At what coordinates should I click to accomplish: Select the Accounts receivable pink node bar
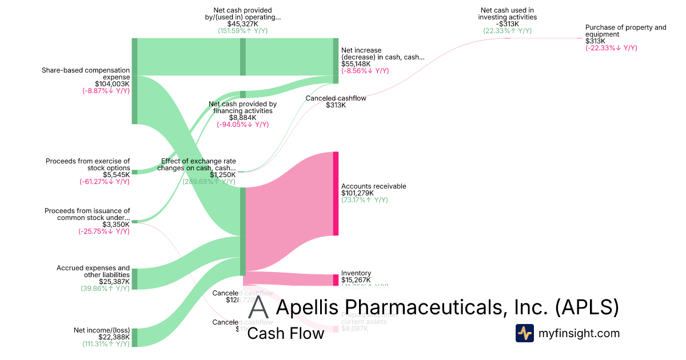point(336,193)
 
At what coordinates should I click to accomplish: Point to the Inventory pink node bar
point(336,280)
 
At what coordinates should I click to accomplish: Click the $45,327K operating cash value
point(242,24)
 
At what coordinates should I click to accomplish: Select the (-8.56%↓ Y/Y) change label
point(365,71)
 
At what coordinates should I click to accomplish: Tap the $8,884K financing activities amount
point(242,118)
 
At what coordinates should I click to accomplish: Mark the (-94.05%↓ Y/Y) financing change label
point(242,125)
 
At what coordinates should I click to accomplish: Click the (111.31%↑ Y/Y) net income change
point(106,344)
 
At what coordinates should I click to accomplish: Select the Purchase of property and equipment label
point(625,31)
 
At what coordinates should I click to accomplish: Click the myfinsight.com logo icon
point(524,333)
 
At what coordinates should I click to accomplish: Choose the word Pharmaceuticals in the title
point(411,307)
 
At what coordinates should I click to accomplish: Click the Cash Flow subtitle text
point(285,333)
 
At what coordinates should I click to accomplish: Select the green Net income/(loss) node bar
point(134,337)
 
